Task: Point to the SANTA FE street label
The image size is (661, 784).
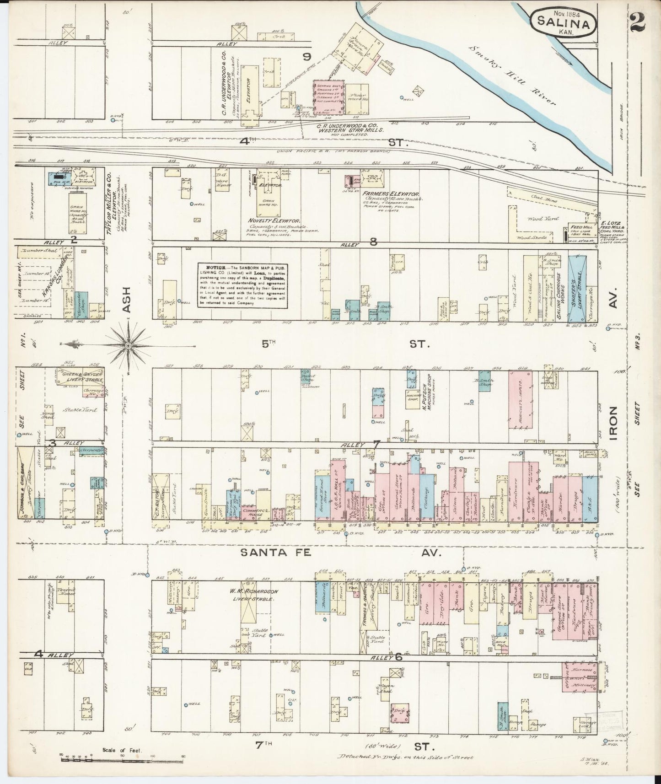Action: [276, 553]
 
